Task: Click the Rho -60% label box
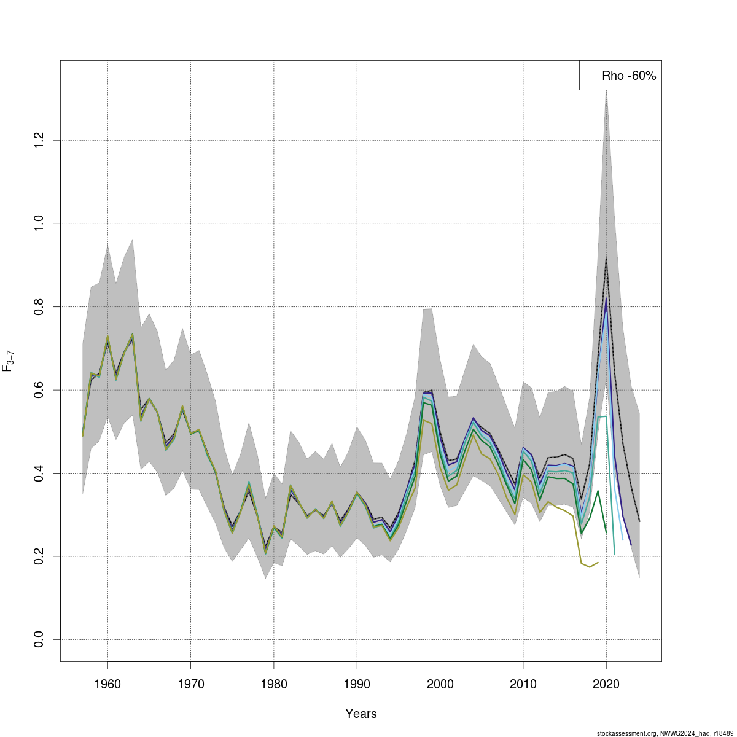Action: [x=620, y=76]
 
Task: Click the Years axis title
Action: [x=361, y=714]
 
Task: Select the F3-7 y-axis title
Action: [x=9, y=361]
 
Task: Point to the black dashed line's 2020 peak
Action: [x=606, y=258]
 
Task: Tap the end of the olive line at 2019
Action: [x=598, y=563]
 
